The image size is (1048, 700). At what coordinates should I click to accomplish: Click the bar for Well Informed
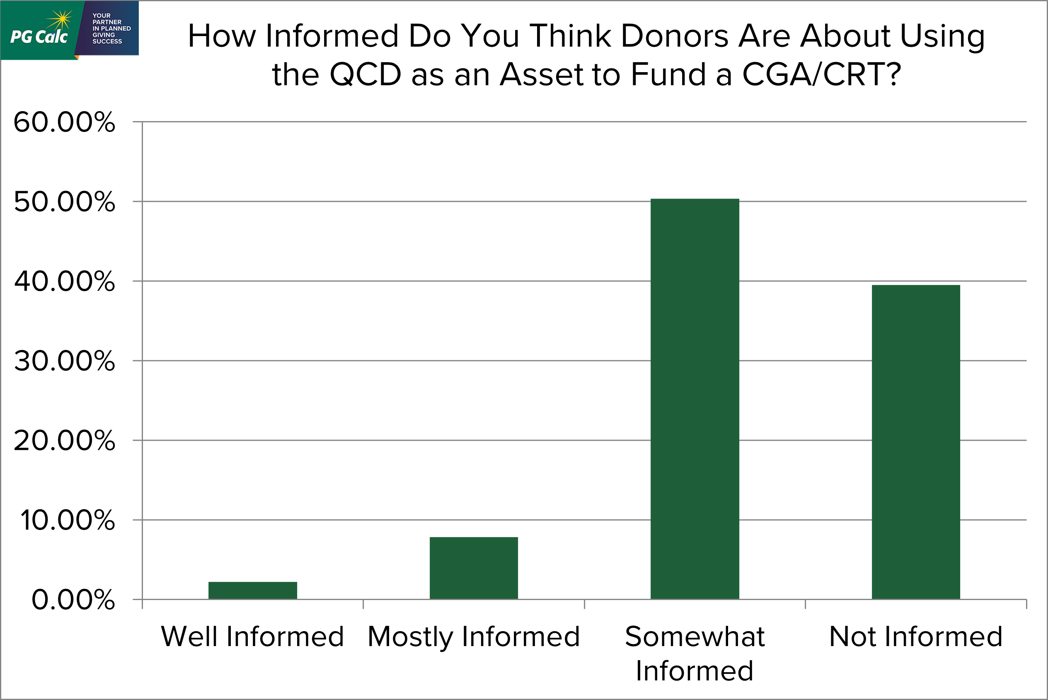click(x=252, y=590)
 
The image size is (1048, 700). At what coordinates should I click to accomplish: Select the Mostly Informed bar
click(x=473, y=568)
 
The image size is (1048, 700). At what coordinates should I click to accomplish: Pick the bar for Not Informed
click(x=915, y=442)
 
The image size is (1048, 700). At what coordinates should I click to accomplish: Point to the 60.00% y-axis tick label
click(x=64, y=122)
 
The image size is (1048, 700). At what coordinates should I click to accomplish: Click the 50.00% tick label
click(x=64, y=202)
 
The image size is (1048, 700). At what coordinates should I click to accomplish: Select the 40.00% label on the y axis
click(x=64, y=281)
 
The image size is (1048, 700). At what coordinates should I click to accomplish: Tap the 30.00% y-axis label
click(x=64, y=361)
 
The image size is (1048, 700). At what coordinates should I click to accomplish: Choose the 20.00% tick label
click(x=64, y=441)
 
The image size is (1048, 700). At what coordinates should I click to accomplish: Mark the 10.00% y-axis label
click(x=67, y=520)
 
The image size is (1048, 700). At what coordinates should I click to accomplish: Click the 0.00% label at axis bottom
click(x=73, y=600)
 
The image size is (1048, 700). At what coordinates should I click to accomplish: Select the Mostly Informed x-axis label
click(x=473, y=637)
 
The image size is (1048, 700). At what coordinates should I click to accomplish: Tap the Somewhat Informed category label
click(x=695, y=653)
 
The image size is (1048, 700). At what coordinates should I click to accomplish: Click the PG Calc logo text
click(x=39, y=36)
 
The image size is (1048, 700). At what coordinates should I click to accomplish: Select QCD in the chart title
click(x=365, y=74)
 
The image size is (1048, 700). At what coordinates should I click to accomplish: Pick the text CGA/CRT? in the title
click(x=821, y=74)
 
